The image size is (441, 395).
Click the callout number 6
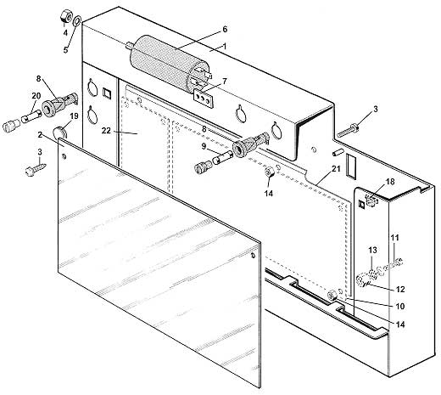click(225, 29)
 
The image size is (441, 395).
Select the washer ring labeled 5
click(77, 21)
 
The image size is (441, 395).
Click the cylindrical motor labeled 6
click(169, 63)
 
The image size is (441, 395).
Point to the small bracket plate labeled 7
click(203, 98)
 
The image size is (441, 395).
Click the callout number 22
click(106, 131)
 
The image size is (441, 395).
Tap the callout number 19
click(74, 116)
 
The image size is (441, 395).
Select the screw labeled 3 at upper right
click(349, 130)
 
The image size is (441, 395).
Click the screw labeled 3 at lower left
click(36, 169)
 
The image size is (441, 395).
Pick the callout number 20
click(36, 96)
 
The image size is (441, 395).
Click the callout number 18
click(390, 182)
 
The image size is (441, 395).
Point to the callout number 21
click(336, 169)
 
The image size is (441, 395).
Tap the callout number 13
click(372, 250)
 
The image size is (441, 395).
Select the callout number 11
click(394, 237)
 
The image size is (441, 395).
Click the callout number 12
click(400, 289)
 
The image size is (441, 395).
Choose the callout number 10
click(400, 306)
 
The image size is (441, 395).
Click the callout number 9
click(204, 146)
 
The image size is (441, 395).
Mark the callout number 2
click(40, 135)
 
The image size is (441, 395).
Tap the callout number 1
click(225, 46)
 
